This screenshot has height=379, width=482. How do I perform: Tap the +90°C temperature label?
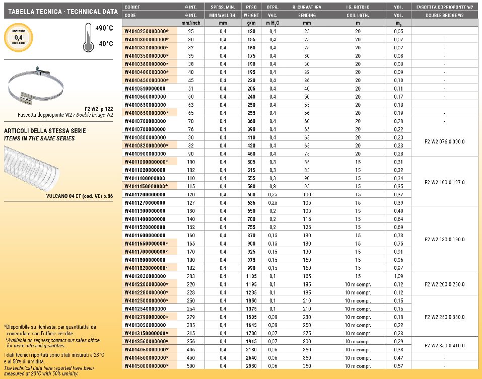point(103,28)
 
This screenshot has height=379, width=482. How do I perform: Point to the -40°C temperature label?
point(103,44)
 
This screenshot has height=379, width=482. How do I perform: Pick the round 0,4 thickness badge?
point(19,37)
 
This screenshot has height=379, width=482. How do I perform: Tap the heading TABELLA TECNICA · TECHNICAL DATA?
point(60,11)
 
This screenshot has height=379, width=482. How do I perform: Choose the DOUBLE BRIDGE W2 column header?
point(445,16)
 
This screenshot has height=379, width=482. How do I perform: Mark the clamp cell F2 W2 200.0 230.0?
point(445,284)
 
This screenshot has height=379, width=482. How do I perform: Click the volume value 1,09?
point(398,276)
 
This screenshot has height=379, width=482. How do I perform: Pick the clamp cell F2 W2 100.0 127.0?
point(445,182)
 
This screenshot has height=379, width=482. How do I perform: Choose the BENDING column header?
point(307,16)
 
